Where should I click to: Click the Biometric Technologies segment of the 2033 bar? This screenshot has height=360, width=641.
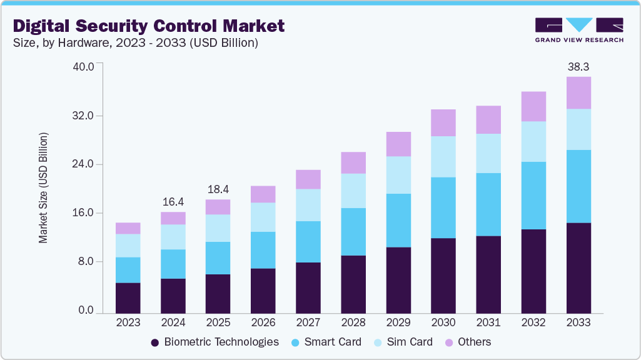pyautogui.click(x=578, y=267)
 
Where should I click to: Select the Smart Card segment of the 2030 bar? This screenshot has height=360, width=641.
pyautogui.click(x=443, y=207)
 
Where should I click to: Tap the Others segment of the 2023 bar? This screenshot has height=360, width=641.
pyautogui.click(x=128, y=228)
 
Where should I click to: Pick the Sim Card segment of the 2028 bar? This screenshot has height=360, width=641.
pyautogui.click(x=353, y=191)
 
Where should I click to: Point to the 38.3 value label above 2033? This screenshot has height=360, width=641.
pyautogui.click(x=578, y=66)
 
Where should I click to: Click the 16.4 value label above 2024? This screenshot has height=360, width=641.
pyautogui.click(x=173, y=201)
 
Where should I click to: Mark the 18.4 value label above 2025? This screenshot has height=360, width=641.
pyautogui.click(x=218, y=189)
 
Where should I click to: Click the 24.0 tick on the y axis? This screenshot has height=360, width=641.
pyautogui.click(x=84, y=164)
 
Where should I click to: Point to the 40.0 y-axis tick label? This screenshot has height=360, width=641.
pyautogui.click(x=84, y=66)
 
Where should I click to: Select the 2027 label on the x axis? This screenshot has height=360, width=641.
pyautogui.click(x=308, y=323)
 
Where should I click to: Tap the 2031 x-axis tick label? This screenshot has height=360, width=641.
pyautogui.click(x=488, y=323)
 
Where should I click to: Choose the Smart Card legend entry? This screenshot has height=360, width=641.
pyautogui.click(x=326, y=342)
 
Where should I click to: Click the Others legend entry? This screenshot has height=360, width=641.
pyautogui.click(x=468, y=342)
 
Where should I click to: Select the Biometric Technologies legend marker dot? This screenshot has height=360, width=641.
pyautogui.click(x=155, y=342)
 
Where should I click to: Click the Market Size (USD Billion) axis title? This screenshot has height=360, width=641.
pyautogui.click(x=43, y=188)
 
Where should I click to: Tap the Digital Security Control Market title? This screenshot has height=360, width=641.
pyautogui.click(x=149, y=26)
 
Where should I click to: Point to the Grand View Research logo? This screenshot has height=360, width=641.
pyautogui.click(x=578, y=29)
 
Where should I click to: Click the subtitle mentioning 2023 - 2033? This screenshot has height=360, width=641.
pyautogui.click(x=136, y=43)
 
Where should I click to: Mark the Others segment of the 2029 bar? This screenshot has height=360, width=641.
pyautogui.click(x=398, y=144)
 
